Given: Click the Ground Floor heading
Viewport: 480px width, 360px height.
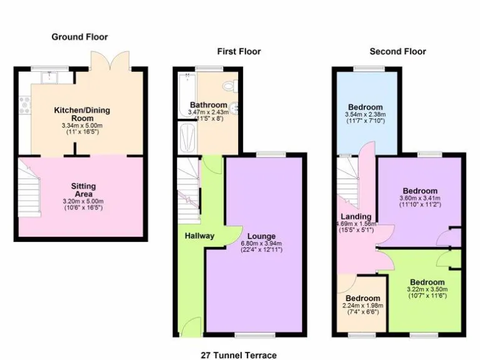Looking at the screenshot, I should tap(79, 37).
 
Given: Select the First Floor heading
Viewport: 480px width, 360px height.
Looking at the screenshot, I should tap(239, 51).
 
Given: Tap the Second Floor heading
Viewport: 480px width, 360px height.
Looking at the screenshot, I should tap(397, 51).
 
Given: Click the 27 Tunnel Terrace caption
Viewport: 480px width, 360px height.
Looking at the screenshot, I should tap(239, 355).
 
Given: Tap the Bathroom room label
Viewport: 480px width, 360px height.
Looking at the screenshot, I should tap(208, 105).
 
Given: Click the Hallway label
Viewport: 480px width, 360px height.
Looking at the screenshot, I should tap(199, 236).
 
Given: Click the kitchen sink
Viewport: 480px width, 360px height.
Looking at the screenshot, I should tap(47, 78).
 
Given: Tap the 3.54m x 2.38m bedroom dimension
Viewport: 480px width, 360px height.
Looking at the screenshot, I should tap(365, 114).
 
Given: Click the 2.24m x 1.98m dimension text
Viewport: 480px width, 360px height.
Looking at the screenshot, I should tap(363, 306).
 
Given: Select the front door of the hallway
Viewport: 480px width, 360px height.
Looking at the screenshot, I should tap(187, 325).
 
